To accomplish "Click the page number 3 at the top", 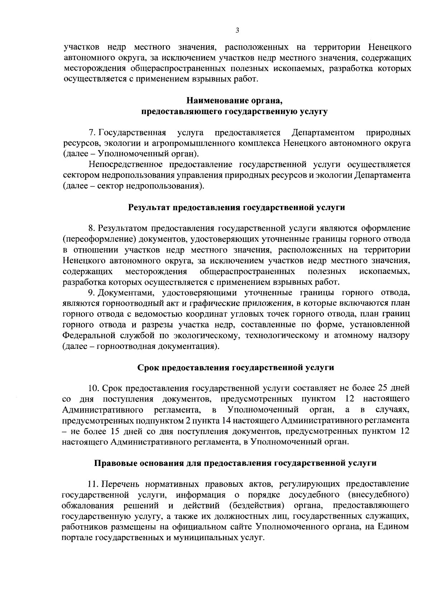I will click(x=237, y=30).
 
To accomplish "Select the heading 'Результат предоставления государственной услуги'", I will click(x=236, y=208).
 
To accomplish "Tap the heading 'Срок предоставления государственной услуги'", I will click(x=236, y=367).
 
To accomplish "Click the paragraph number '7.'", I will click(x=92, y=133).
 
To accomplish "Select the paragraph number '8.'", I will click(x=92, y=228).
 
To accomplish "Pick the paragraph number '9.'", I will click(x=92, y=293).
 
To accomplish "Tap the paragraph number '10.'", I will click(x=94, y=388).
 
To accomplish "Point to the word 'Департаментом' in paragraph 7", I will click(x=323, y=133).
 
